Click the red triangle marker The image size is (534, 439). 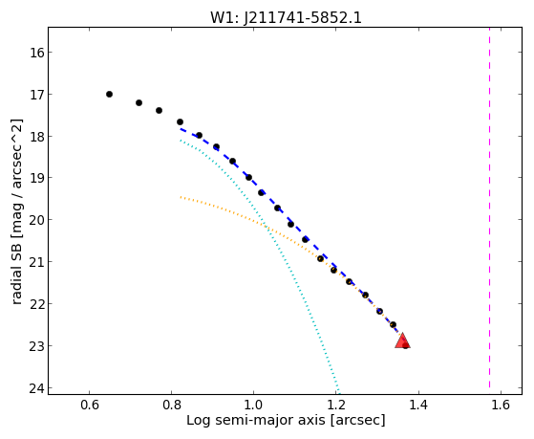[402, 341]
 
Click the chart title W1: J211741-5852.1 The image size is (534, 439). [286, 18]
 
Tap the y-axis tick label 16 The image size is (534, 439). [37, 53]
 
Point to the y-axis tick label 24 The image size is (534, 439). [37, 388]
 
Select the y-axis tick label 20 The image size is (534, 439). [37, 220]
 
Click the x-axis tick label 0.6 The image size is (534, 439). [90, 405]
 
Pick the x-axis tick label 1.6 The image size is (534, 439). [501, 405]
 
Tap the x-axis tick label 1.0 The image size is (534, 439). [254, 405]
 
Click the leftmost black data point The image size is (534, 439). [109, 94]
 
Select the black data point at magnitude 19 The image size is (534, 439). [249, 177]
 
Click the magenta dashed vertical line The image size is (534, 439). [490, 208]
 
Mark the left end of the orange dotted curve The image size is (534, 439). [181, 197]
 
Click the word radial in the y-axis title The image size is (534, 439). [16, 287]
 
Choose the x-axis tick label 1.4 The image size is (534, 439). [418, 405]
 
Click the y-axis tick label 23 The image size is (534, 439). [37, 346]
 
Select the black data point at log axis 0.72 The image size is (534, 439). [139, 102]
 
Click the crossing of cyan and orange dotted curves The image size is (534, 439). [267, 227]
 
